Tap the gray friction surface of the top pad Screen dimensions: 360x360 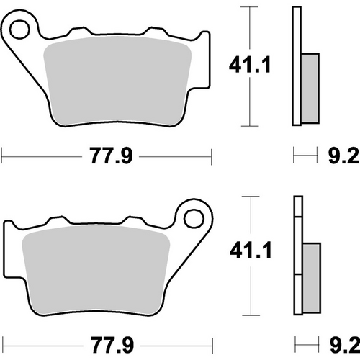119,83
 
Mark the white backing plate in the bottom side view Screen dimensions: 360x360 296,256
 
